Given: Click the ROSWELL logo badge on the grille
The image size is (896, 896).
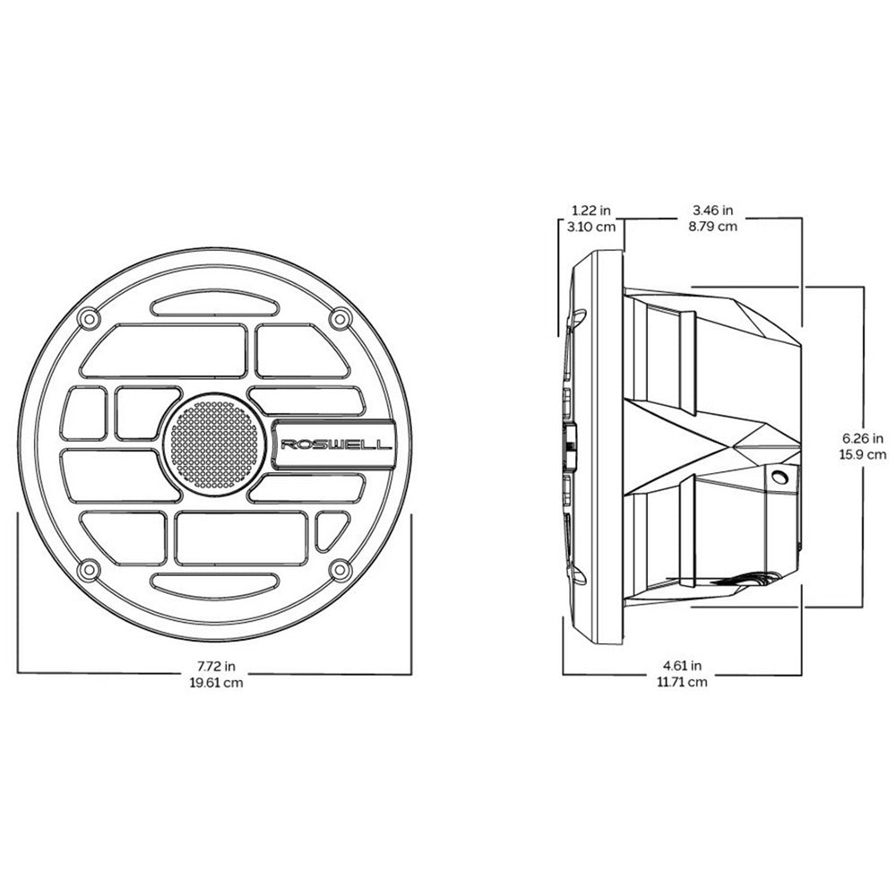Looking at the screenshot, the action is [336, 444].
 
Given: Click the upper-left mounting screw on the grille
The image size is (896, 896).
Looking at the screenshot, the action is [87, 318].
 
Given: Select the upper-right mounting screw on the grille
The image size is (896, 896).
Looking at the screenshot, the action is [339, 319].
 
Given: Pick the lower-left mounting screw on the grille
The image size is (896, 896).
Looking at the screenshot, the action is [87, 569].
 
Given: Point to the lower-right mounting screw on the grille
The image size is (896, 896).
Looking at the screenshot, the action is [339, 568].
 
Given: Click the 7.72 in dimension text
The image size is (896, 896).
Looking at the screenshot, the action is [216, 667].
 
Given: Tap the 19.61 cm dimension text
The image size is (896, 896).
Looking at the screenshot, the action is [215, 682].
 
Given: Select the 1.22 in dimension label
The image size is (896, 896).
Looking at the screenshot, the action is [591, 211].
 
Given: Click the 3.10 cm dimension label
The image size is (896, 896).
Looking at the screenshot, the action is [591, 227].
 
